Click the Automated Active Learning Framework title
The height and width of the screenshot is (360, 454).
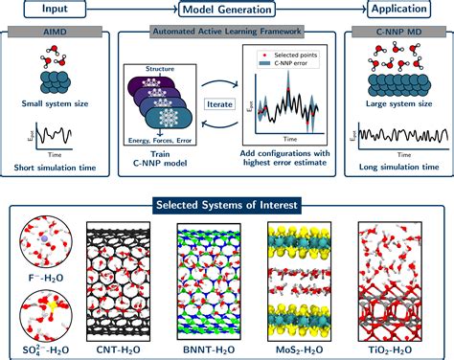[226, 32]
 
